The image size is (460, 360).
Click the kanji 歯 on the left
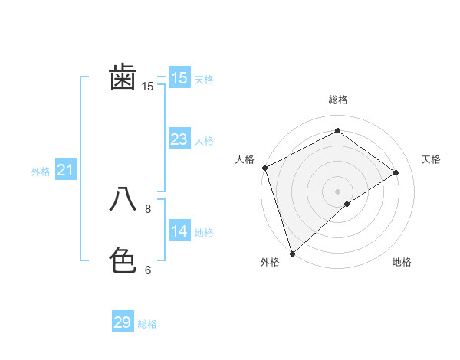coord(123,77)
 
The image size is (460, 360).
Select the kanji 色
coord(123,260)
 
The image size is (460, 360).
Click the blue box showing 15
coord(179,77)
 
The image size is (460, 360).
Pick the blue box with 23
coord(179,139)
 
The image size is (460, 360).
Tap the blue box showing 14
coord(179,231)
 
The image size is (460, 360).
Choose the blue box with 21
coord(65,170)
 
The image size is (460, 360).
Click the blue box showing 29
coord(123,322)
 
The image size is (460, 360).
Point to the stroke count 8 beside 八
coord(148,208)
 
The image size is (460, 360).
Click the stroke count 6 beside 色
coord(148,270)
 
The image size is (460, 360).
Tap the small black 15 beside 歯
coord(148,87)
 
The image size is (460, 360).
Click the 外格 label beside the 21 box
coord(41,172)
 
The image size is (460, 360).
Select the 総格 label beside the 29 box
coord(147,324)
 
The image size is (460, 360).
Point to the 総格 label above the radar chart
coord(337,100)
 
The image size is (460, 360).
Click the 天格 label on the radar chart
coord(432,159)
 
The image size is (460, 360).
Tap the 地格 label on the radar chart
coord(402,262)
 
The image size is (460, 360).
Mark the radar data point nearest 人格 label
coord(264,168)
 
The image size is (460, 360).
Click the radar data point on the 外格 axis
coord(292,253)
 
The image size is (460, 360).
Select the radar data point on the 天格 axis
coord(396,172)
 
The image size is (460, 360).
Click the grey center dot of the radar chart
coord(337,191)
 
